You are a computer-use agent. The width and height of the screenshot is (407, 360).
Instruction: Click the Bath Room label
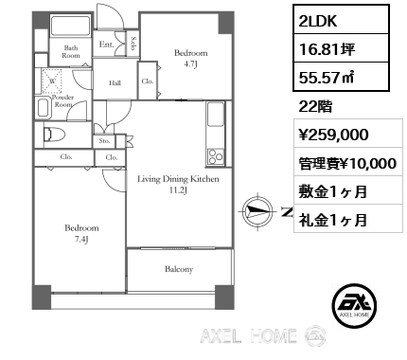(x=71, y=52)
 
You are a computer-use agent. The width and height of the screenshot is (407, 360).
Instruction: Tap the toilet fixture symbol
(x=54, y=135)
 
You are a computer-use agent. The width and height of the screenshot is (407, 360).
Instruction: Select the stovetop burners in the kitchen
(x=216, y=156)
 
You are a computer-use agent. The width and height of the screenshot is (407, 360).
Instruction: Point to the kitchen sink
(x=216, y=114)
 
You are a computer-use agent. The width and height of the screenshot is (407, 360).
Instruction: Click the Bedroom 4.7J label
(x=191, y=59)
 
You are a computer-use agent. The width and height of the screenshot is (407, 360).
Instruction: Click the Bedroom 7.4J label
(x=81, y=233)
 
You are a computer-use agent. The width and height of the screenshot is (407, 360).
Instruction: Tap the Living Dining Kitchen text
(x=178, y=179)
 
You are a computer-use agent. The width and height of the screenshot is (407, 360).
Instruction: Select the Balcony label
(x=179, y=269)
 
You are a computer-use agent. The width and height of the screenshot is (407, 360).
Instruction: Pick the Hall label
(x=115, y=83)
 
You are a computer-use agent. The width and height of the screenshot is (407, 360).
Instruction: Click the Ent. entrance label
(x=106, y=45)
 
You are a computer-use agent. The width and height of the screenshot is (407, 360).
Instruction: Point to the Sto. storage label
(x=104, y=141)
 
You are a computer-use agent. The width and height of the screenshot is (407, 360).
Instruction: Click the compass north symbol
(x=257, y=210)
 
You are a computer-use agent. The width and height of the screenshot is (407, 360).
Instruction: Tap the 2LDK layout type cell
(x=341, y=20)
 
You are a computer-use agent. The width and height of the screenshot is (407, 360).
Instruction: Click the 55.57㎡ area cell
(x=341, y=77)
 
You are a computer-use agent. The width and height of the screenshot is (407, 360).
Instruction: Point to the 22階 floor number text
(x=315, y=107)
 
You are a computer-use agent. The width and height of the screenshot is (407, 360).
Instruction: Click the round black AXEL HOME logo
(x=354, y=305)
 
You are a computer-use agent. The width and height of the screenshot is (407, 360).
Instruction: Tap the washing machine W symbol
(x=52, y=81)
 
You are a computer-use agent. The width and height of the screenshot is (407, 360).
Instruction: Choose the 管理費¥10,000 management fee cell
(x=348, y=162)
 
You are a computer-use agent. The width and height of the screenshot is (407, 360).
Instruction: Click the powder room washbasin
(x=44, y=108)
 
